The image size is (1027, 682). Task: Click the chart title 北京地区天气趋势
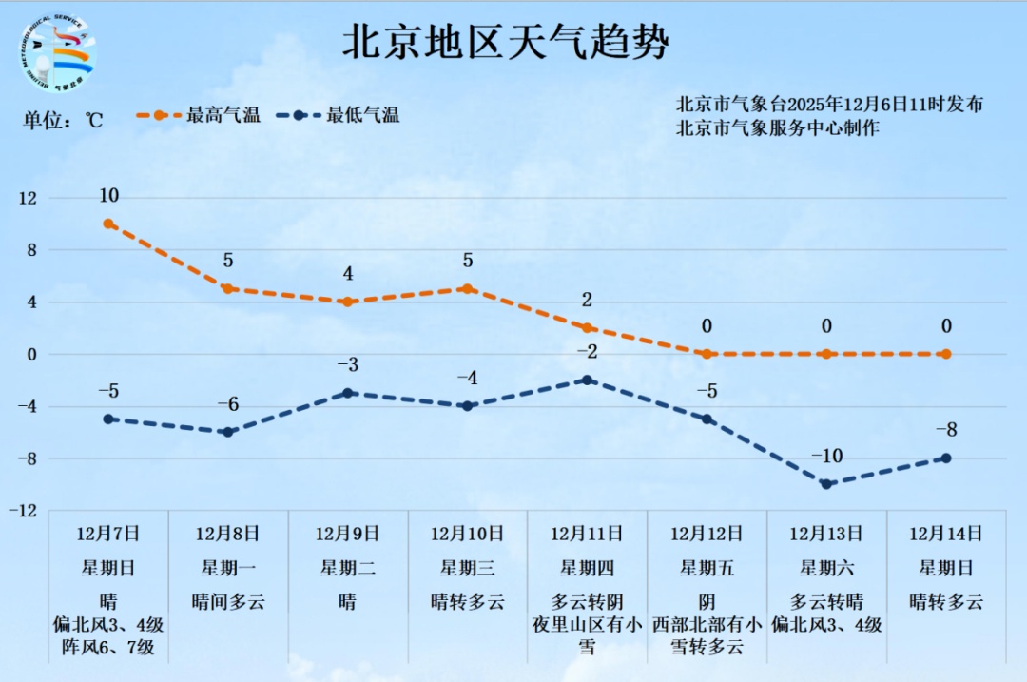(505, 42)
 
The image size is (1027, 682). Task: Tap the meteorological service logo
(58, 53)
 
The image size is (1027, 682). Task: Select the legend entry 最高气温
(199, 116)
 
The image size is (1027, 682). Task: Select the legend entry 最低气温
(339, 116)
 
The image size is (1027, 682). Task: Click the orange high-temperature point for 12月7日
(108, 224)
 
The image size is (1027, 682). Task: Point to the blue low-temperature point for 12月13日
(826, 484)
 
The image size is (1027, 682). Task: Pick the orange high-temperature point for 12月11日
(587, 328)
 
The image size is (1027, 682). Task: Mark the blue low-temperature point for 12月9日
(348, 393)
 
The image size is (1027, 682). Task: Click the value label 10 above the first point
(108, 196)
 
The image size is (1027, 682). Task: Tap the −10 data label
(826, 457)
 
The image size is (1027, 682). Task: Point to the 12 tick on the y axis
(28, 198)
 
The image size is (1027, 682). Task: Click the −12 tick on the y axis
(26, 511)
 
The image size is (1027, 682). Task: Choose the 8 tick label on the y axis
(30, 250)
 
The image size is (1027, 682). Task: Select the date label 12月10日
(467, 534)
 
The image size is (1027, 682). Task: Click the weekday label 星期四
(587, 569)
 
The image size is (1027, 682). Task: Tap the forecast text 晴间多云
(228, 602)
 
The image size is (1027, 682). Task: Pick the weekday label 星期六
(826, 569)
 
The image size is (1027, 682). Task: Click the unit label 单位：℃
(63, 121)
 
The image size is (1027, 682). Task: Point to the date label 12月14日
(945, 534)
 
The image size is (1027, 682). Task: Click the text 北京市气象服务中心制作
(777, 127)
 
